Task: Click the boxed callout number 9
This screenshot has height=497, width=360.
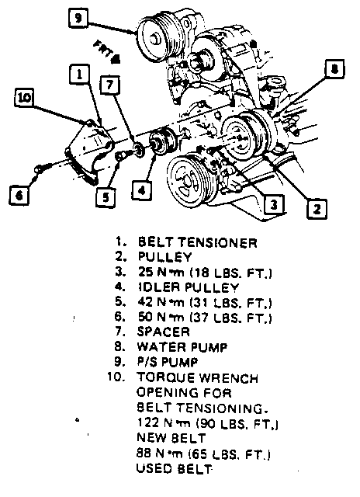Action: point(78,18)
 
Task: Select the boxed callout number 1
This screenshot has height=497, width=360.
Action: point(79,75)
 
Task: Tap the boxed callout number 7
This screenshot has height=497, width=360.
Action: point(110,85)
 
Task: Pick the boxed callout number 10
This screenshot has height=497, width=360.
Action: point(24,97)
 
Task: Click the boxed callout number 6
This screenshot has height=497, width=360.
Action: point(19,195)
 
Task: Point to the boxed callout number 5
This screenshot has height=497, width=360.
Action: point(106,197)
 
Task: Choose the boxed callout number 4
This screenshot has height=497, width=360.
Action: point(141,190)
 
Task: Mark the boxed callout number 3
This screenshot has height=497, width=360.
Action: point(274,205)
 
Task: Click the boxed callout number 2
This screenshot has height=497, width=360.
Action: point(317,209)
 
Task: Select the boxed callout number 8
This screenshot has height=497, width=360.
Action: point(334,69)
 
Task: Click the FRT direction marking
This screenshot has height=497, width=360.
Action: point(107,52)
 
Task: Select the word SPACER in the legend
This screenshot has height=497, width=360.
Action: point(164,332)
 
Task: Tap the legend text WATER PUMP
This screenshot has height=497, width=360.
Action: point(182,347)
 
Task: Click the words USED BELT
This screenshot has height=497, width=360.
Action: point(174,469)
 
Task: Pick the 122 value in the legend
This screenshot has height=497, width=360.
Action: point(147,422)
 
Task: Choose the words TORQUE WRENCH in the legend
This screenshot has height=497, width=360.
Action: point(198,378)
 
